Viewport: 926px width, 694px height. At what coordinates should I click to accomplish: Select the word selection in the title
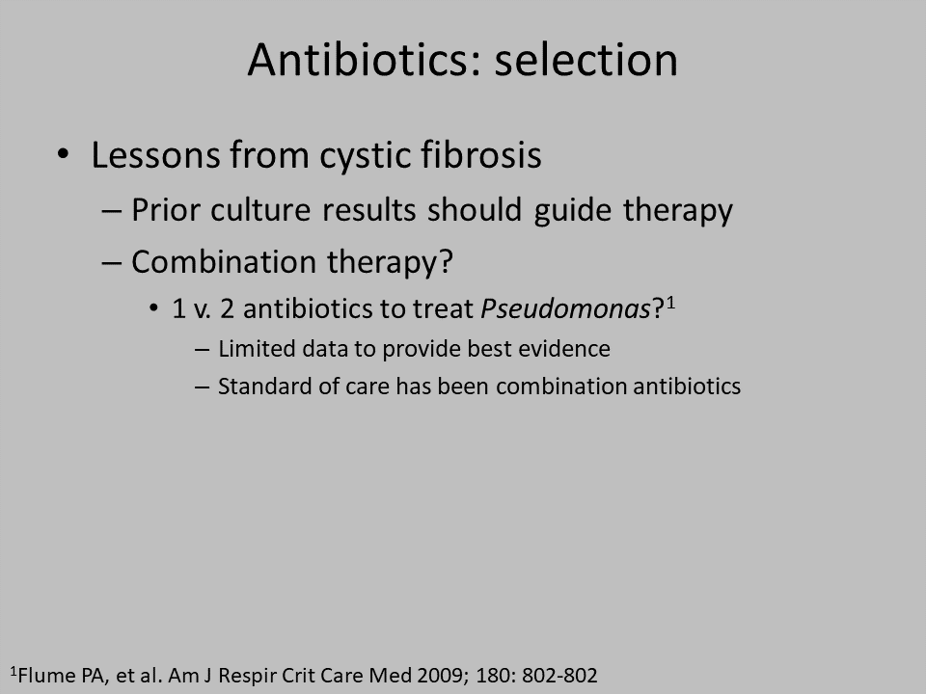coord(586,60)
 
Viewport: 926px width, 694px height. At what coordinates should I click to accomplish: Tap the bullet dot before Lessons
coord(64,154)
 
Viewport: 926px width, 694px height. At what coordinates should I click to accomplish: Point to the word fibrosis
coord(480,154)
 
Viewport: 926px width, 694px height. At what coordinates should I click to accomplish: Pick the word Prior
coord(165,210)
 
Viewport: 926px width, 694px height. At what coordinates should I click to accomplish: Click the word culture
coord(260,210)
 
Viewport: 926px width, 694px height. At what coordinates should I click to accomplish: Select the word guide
coord(572,212)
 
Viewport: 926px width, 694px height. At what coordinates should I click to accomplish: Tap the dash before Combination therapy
coord(112,262)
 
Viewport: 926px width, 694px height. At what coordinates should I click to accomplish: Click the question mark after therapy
coord(447,262)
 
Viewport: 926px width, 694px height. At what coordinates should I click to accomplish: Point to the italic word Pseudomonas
coord(565,308)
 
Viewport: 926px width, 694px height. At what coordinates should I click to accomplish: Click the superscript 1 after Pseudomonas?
coord(670,304)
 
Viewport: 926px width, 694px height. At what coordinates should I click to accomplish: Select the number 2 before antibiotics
coord(227,309)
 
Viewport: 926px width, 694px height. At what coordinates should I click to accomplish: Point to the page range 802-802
coord(559,675)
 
